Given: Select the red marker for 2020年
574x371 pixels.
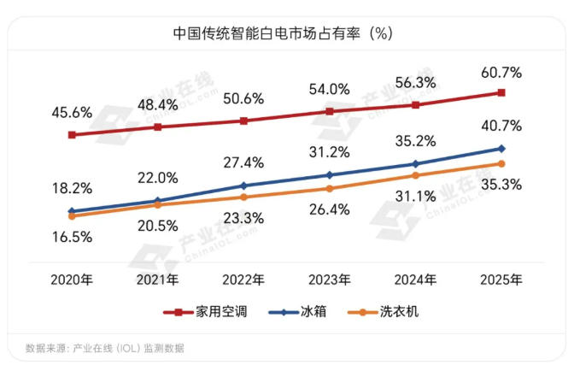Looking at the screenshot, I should coord(72,135).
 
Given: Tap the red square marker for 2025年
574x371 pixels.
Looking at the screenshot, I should coord(501,92).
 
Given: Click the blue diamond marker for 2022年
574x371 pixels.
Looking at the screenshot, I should coord(243,185).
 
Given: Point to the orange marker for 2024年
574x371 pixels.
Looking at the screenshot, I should coord(415,175).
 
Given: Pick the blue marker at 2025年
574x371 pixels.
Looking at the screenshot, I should coord(501,149).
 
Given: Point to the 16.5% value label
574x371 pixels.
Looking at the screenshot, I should coord(71,238).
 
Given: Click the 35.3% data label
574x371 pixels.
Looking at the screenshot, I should coord(501,183).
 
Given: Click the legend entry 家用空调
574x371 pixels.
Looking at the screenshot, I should coord(210,311).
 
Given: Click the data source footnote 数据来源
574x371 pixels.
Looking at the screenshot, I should coord(104,348).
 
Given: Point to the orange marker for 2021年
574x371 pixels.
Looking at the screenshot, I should coord(157,205).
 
